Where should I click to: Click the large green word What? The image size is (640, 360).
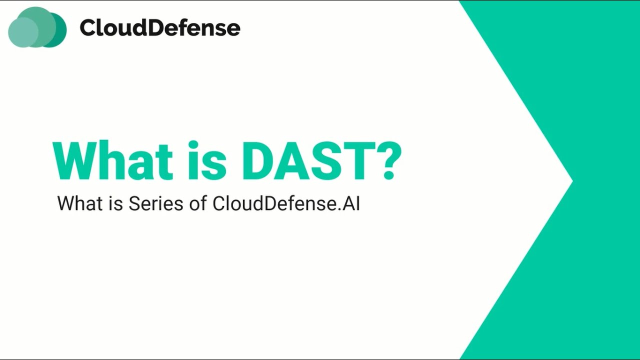(x=112, y=161)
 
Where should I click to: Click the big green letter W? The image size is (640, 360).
(x=75, y=161)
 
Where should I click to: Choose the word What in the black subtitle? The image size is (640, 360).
(x=77, y=203)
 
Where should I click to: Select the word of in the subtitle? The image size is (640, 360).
(x=197, y=203)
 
